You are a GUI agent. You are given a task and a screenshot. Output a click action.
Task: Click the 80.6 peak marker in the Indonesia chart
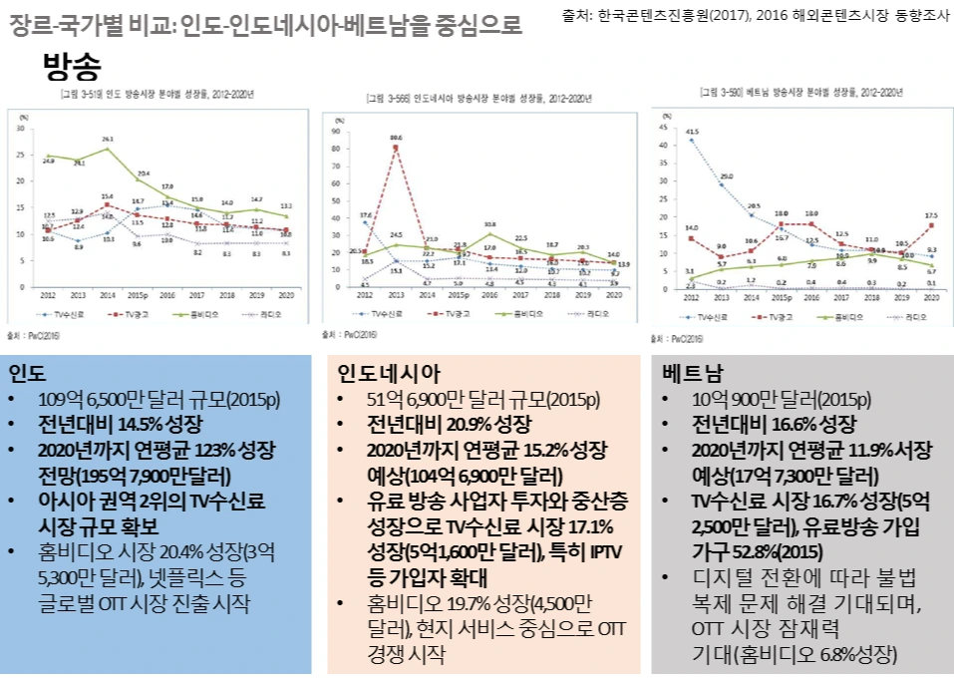pyautogui.click(x=396, y=148)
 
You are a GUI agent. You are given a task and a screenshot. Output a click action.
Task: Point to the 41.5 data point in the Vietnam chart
pyautogui.click(x=691, y=141)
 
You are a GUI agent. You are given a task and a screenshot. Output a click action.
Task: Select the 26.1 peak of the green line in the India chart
pyautogui.click(x=107, y=149)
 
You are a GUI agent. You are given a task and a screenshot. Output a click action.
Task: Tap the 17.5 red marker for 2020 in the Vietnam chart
pyautogui.click(x=930, y=225)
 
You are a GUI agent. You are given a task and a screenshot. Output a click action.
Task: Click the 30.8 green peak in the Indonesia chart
pyautogui.click(x=489, y=234)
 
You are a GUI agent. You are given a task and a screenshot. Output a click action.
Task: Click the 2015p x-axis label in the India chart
pyautogui.click(x=138, y=295)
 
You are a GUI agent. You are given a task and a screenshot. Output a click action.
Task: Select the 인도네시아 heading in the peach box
pyautogui.click(x=389, y=374)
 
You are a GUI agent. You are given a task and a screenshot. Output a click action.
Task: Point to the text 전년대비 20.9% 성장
pyautogui.click(x=440, y=424)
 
